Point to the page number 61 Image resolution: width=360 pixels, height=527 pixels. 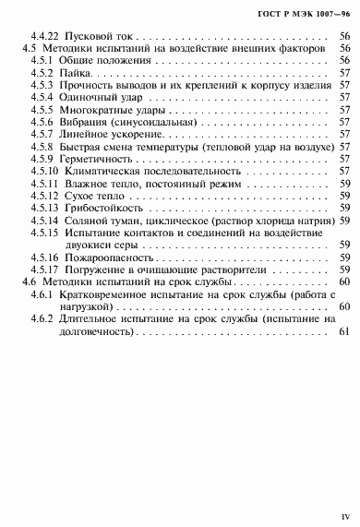(x=343, y=357)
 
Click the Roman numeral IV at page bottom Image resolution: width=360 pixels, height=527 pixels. (x=343, y=508)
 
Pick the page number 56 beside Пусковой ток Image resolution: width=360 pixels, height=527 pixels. (x=343, y=34)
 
